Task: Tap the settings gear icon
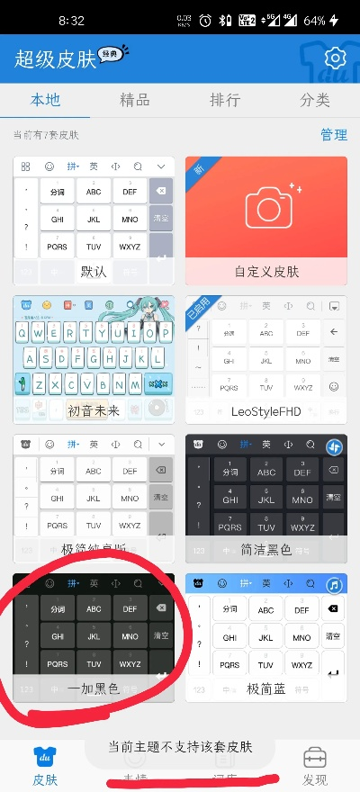[x=336, y=58]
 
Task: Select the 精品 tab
[x=135, y=100]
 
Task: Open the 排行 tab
[x=224, y=100]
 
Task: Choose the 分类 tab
[x=315, y=100]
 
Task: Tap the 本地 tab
[x=45, y=100]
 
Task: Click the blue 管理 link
[x=333, y=135]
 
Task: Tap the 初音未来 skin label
[x=94, y=410]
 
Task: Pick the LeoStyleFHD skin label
[x=266, y=410]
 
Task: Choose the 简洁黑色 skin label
[x=266, y=549]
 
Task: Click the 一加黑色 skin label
[x=94, y=688]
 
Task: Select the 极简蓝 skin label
[x=266, y=688]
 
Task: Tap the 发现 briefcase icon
[x=315, y=756]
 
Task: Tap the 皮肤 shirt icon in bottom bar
[x=45, y=756]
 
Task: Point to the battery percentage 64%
[x=314, y=20]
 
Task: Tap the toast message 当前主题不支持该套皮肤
[x=180, y=746]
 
